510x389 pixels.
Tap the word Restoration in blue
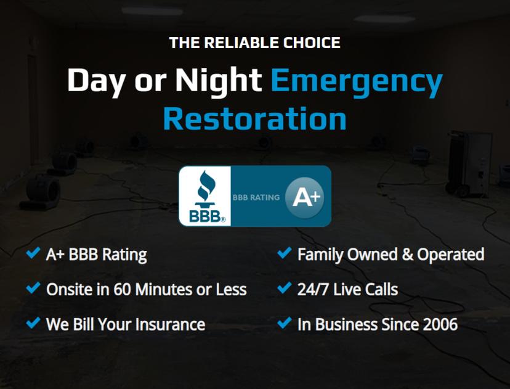pyautogui.click(x=254, y=118)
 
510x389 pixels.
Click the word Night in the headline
pyautogui.click(x=219, y=82)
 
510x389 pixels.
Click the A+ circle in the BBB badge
pyautogui.click(x=305, y=197)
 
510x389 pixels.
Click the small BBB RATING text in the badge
pyautogui.click(x=256, y=197)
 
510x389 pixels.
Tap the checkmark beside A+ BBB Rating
pyautogui.click(x=33, y=253)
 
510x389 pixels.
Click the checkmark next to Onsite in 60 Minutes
pyautogui.click(x=33, y=288)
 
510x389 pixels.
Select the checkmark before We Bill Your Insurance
pyautogui.click(x=33, y=322)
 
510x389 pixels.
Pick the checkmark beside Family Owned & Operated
pyautogui.click(x=285, y=253)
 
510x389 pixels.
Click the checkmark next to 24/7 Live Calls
pyautogui.click(x=285, y=288)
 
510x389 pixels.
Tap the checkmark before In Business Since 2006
pyautogui.click(x=285, y=322)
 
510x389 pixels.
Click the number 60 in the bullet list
pyautogui.click(x=122, y=289)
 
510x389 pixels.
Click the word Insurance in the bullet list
pyautogui.click(x=170, y=324)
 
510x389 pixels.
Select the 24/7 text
pyautogui.click(x=313, y=289)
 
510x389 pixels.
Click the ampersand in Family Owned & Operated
pyautogui.click(x=408, y=255)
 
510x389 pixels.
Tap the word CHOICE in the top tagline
pyautogui.click(x=312, y=43)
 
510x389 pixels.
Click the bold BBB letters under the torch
pyautogui.click(x=206, y=216)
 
